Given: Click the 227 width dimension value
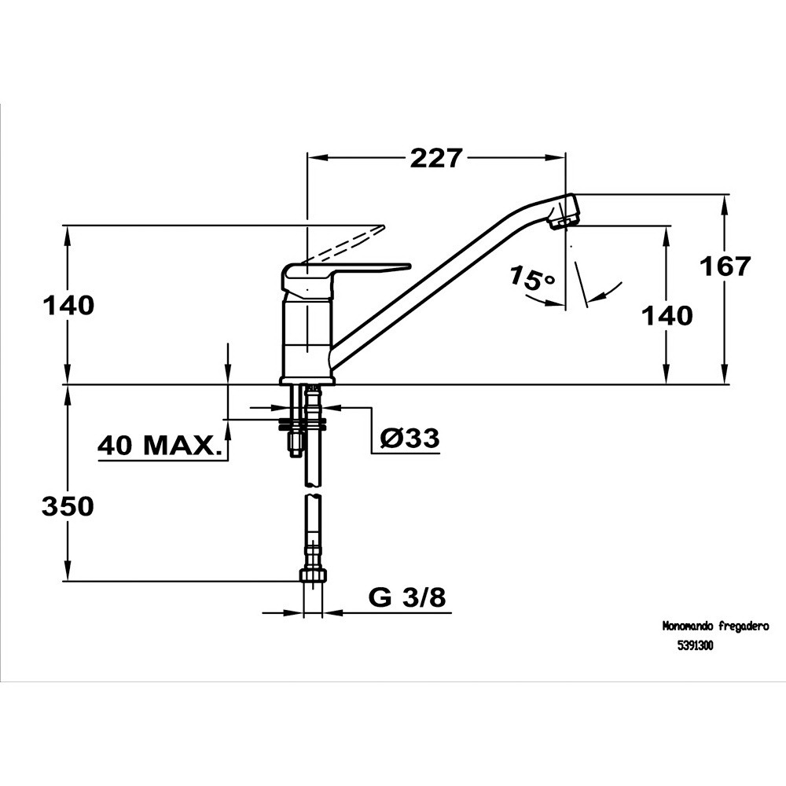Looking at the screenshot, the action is coord(435,158).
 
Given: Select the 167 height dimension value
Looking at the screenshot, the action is coord(725,266).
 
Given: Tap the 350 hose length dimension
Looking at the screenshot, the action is coord(68,506).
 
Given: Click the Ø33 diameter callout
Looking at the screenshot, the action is coord(410,438).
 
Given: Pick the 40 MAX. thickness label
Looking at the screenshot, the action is coord(160,445).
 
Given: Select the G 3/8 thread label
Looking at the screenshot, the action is coord(407,597).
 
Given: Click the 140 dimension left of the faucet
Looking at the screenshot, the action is coord(68,305).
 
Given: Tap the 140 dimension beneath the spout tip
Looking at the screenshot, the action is coord(667,316).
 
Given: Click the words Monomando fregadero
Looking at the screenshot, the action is coord(716,626).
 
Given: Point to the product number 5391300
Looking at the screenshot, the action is coord(696,646).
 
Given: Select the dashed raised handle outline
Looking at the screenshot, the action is coord(344,244).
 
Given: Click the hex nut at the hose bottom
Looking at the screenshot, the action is coord(314,575).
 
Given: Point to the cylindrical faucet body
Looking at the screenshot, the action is coord(307,338).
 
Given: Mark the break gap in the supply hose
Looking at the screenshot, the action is coord(312,490).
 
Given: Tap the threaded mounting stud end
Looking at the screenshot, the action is coord(294,445).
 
